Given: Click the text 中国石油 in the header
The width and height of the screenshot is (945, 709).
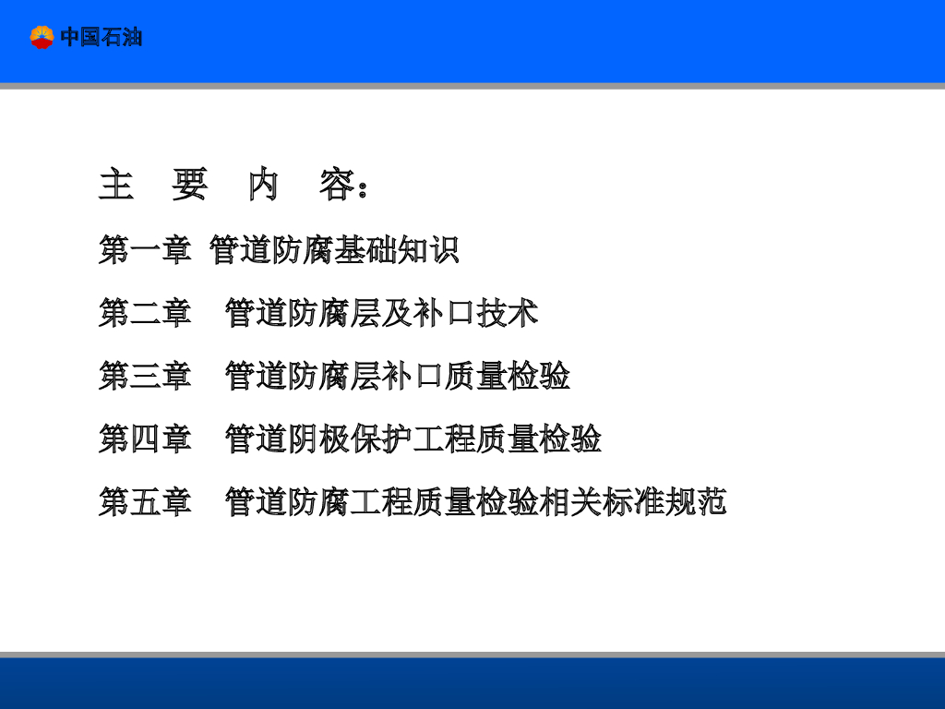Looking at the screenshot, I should pyautogui.click(x=102, y=37).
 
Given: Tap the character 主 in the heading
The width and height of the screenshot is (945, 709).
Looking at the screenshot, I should pyautogui.click(x=116, y=186).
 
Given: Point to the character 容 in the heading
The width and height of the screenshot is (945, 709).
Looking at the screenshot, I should pyautogui.click(x=337, y=186).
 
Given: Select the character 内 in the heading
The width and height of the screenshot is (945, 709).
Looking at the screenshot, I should pyautogui.click(x=263, y=186).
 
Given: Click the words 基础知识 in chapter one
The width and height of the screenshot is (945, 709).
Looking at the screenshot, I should pyautogui.click(x=397, y=250).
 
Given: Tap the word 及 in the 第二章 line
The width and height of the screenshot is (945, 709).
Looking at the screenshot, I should pyautogui.click(x=397, y=313).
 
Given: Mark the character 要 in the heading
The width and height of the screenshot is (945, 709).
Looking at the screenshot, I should pyautogui.click(x=189, y=186).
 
